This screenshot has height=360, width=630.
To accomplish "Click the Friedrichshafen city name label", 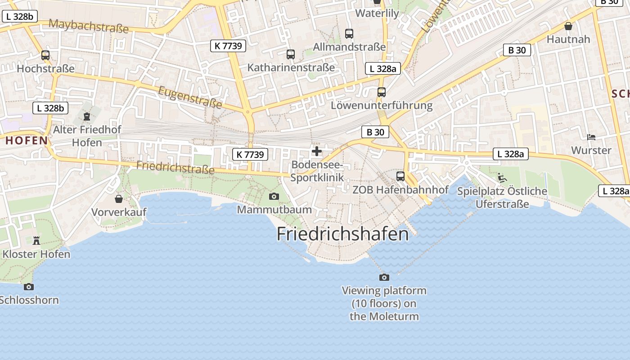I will point(342,234).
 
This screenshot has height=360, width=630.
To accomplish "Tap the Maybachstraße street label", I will point(88,26).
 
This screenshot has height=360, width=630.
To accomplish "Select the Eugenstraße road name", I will point(190,97).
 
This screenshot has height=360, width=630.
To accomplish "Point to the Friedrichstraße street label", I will point(175,167).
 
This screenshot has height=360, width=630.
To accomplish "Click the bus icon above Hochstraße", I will point(45,55).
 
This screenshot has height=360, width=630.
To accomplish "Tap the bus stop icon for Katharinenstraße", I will point(291,54).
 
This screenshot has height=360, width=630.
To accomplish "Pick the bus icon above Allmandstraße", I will point(349,34).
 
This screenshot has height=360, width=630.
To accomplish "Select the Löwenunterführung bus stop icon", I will point(382,92).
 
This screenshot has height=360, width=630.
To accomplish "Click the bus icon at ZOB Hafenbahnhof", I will point(400,176).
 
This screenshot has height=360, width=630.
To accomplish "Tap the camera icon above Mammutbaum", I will point(274,196).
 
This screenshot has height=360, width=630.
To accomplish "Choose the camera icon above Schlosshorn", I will point(29,287).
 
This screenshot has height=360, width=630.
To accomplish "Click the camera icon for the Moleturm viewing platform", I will point(384,277).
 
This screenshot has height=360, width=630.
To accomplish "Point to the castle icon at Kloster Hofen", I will point(36,241).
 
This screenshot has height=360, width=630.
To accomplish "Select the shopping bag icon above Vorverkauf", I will point(119,198).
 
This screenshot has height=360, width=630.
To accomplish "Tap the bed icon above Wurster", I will point(591,137).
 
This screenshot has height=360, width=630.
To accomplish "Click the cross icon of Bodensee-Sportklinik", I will point(317,151).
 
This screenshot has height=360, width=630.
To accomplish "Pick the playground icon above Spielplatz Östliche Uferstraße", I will point(502,178).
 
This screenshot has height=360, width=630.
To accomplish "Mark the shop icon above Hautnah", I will point(568,26).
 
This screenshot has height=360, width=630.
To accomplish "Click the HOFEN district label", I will point(27,140).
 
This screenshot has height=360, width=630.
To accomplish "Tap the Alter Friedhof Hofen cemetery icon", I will point(86,117).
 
